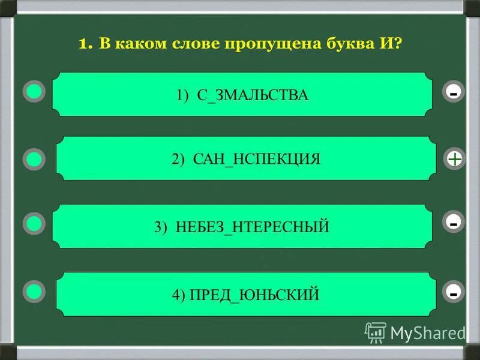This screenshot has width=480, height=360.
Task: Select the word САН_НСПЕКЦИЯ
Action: coord(257,159)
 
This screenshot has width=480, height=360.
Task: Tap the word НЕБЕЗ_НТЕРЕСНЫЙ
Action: coord(253,227)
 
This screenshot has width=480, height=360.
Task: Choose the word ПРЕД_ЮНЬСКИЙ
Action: coord(254,295)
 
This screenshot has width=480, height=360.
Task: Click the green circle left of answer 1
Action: coord(35,92)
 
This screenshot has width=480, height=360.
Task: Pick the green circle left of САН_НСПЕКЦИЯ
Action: coord(35,159)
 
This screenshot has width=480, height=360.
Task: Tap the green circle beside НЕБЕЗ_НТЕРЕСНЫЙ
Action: coord(35,224)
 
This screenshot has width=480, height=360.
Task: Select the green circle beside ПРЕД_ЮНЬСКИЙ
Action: coord(35,292)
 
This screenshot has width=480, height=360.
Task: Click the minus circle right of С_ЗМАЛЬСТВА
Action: coord(454,92)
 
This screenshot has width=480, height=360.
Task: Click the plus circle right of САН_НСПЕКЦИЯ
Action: coord(455,159)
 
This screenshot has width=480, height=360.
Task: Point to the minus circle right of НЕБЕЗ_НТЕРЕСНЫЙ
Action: coord(454,223)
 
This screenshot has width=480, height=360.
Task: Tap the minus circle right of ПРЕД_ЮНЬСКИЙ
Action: coord(454,292)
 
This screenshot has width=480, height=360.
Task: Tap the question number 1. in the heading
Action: coord(85,44)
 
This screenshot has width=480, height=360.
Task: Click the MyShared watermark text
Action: coord(427,332)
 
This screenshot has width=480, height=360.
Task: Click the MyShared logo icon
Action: coord(375,332)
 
